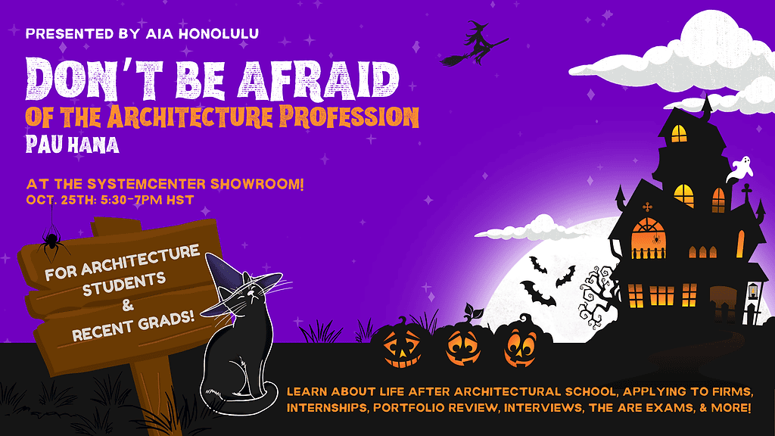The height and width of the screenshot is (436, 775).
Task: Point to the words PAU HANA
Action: coord(73,144)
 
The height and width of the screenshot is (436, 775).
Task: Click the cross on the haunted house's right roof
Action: coord(745,189)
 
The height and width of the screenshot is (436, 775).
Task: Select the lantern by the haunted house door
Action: coord(752,291)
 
